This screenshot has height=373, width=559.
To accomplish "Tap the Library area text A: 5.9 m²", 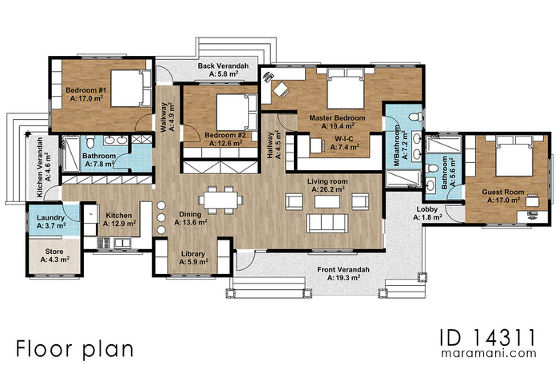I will click(192, 262).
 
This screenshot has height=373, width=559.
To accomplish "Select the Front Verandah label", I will click(342, 271).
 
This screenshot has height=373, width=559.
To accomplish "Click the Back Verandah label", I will click(223, 65).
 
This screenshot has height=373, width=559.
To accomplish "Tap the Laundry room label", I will click(50, 217).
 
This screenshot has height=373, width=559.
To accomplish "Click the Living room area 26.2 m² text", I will click(327, 190).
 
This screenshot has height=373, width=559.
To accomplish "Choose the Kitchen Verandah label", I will click(41, 159).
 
